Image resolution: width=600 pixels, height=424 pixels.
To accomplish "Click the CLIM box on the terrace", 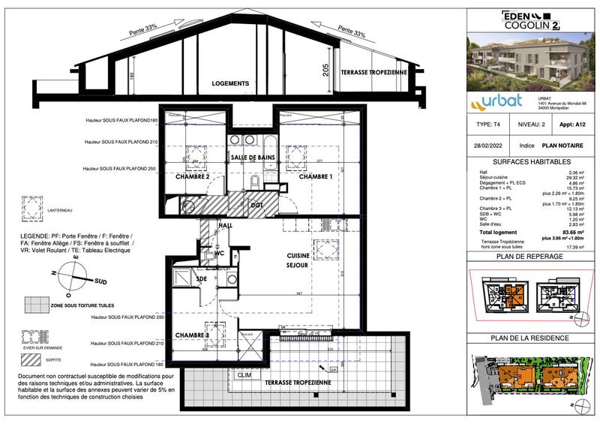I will point(244,374).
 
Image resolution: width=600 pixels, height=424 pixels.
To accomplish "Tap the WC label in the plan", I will point(220,253).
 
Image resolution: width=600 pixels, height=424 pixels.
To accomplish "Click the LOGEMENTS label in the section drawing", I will point(230,83).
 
